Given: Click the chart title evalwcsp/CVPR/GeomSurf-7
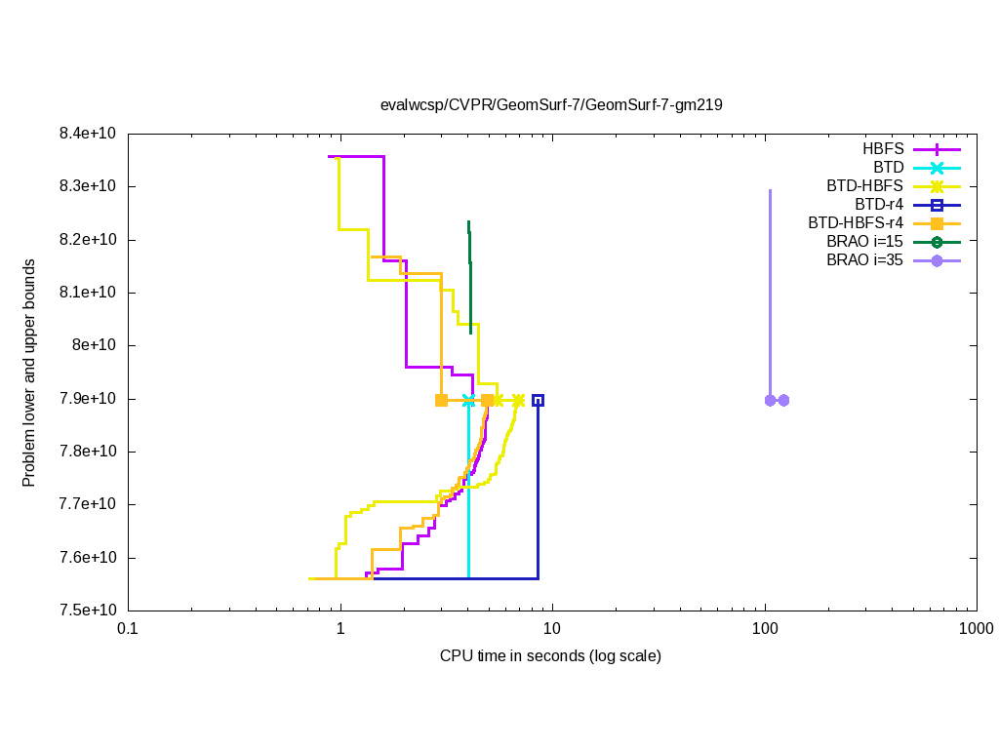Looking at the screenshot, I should pyautogui.click(x=551, y=104).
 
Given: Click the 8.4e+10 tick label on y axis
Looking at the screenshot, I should pyautogui.click(x=87, y=134).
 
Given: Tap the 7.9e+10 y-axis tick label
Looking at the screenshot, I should pyautogui.click(x=87, y=399).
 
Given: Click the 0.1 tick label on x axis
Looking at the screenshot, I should pyautogui.click(x=128, y=630).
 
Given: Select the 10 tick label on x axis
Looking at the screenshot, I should pyautogui.click(x=552, y=630).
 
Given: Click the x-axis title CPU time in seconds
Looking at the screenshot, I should pyautogui.click(x=551, y=656).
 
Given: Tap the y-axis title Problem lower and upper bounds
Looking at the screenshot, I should pyautogui.click(x=29, y=373).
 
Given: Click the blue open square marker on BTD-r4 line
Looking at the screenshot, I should pyautogui.click(x=538, y=400).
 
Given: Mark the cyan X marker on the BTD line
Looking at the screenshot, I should pyautogui.click(x=469, y=400).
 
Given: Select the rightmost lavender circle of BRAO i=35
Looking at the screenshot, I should pyautogui.click(x=783, y=400).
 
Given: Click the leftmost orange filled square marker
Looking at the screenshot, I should pyautogui.click(x=441, y=400).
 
